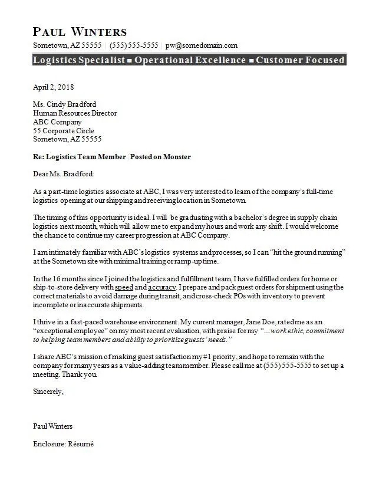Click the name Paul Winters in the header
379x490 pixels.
click(80, 31)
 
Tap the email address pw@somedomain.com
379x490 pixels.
click(202, 45)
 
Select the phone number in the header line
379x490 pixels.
click(134, 45)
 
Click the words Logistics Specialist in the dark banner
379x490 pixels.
click(79, 60)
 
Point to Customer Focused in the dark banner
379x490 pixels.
click(300, 60)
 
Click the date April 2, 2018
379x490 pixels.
click(54, 87)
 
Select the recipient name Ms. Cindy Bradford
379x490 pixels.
click(65, 105)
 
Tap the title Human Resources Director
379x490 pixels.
click(75, 113)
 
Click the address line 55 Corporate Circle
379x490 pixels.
click(64, 131)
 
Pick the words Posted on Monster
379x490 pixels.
click(160, 157)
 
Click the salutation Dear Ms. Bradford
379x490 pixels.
click(63, 174)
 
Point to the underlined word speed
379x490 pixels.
click(124, 288)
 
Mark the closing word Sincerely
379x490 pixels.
click(48, 392)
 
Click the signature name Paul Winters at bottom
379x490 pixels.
click(53, 426)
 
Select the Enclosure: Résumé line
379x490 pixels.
click(63, 444)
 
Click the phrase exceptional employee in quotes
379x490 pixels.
click(75, 331)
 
